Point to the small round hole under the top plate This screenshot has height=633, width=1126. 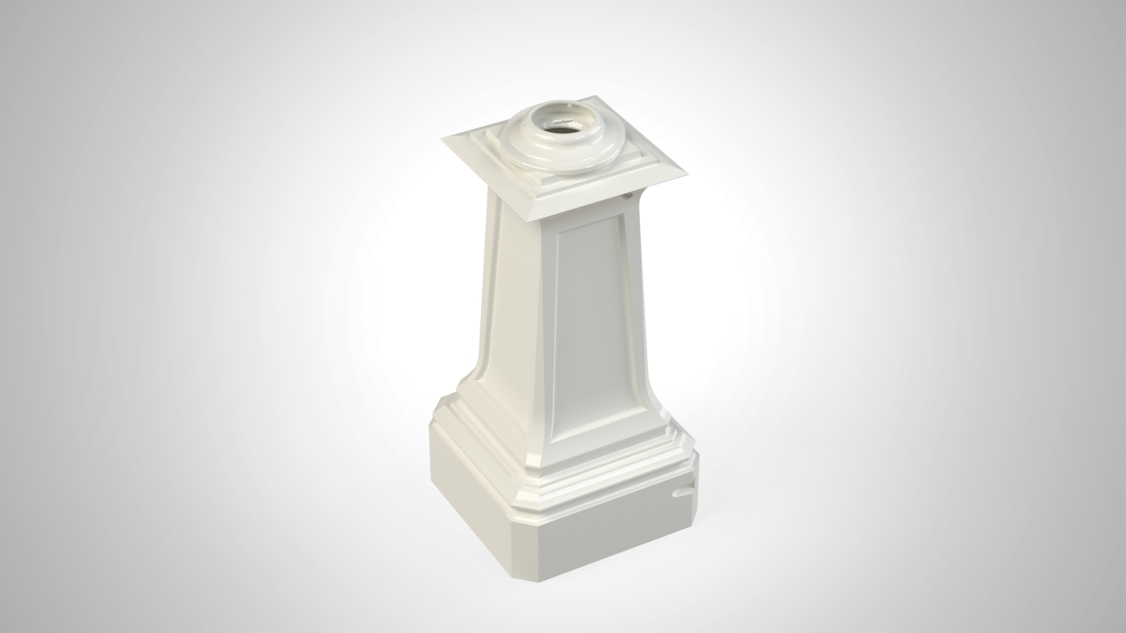point(629,198)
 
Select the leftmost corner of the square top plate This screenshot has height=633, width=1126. point(444,138)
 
